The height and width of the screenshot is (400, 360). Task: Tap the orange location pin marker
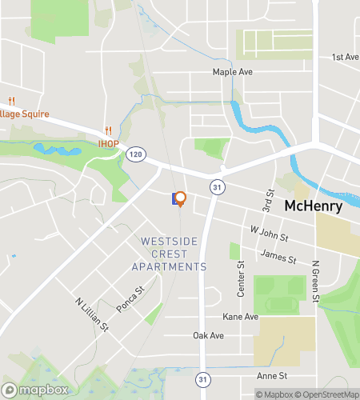180,198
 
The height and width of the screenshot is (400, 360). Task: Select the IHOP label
108,144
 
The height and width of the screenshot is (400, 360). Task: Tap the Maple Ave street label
232,72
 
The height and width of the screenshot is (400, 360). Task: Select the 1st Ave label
346,58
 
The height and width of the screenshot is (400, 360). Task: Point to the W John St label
268,234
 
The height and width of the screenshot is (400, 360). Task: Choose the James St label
278,258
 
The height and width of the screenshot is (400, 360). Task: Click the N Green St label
317,282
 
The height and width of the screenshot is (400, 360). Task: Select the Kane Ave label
241,318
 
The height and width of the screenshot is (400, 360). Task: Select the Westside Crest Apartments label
174,254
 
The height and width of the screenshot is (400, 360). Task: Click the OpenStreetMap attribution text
329,394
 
